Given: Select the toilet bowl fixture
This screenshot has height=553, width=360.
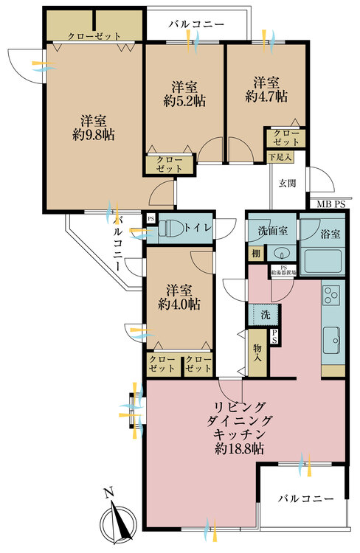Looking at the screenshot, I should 167,229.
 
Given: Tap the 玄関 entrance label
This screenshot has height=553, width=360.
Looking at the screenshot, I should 287,183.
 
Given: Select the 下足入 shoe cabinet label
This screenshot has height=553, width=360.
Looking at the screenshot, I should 280,156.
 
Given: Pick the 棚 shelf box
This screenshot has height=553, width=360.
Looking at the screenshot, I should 255,254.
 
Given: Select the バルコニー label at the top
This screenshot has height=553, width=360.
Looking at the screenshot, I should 195,24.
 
